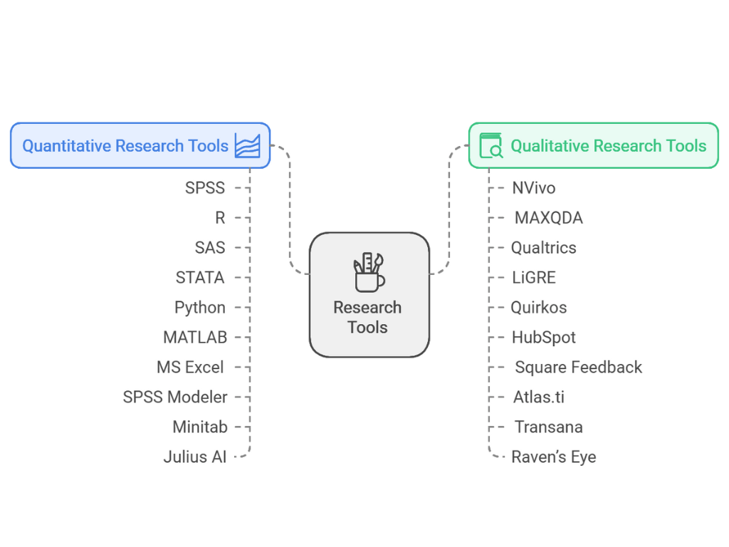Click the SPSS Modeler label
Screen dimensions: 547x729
[175, 397]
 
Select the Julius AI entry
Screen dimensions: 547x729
[194, 457]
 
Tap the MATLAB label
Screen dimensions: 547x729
[195, 337]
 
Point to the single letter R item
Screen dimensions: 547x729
[220, 218]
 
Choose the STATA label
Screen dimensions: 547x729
[200, 277]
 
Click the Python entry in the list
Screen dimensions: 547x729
[200, 307]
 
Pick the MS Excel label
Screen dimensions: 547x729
[190, 367]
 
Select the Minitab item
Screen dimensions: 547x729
[200, 427]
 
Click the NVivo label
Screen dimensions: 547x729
[533, 188]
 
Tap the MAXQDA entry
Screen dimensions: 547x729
[548, 218]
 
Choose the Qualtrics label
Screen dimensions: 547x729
[543, 248]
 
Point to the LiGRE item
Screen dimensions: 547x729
[533, 278]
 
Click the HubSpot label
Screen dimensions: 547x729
[543, 338]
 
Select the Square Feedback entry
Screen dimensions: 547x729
[578, 368]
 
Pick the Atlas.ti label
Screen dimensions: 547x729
[538, 397]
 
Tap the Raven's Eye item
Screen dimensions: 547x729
[553, 457]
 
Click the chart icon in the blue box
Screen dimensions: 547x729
[247, 145]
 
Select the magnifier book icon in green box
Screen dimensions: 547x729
[491, 145]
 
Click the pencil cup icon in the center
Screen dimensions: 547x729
[368, 272]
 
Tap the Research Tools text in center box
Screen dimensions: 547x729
[367, 318]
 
